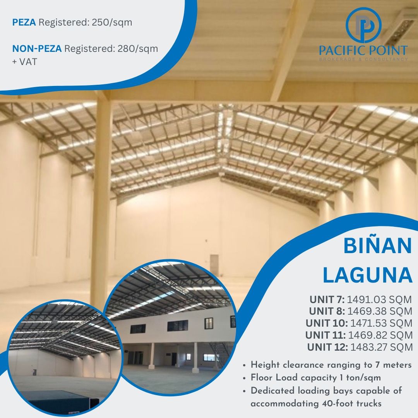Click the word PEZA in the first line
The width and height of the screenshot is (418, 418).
click(x=24, y=22)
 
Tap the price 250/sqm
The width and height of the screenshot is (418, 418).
click(x=112, y=22)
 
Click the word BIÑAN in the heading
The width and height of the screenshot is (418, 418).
click(x=377, y=246)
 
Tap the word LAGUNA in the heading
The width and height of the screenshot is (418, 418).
click(x=367, y=274)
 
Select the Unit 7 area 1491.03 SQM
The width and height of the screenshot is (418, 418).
click(x=380, y=300)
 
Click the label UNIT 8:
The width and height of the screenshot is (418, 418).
click(x=327, y=311)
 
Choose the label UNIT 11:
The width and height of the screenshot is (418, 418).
click(x=325, y=335)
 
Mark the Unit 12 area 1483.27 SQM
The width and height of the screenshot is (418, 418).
click(x=382, y=347)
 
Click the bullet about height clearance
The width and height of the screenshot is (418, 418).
click(x=331, y=365)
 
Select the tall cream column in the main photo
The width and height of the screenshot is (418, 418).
click(x=102, y=201)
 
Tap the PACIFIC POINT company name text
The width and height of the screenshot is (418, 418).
click(x=363, y=50)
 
